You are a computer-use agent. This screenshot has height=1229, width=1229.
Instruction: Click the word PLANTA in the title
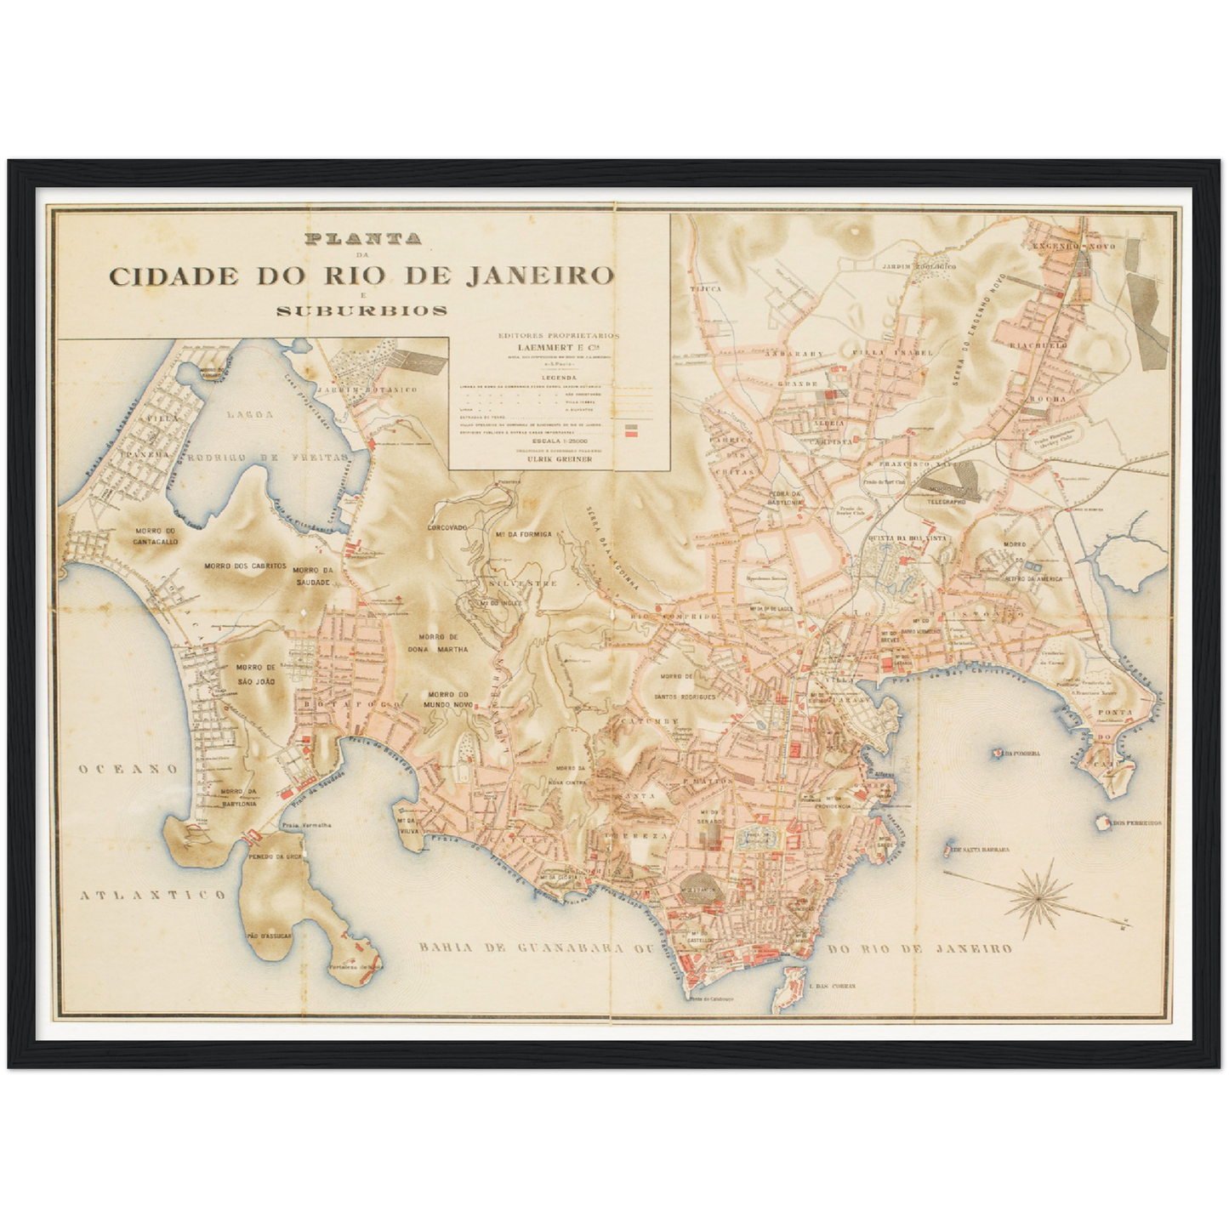pos(361,240)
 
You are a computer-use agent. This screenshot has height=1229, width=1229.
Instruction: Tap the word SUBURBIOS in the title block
pos(361,310)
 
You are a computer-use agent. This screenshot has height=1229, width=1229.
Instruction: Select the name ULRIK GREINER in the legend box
pos(559,458)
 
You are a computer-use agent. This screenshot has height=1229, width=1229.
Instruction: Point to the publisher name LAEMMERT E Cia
pos(559,347)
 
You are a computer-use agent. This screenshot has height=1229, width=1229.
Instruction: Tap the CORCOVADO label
pos(447,527)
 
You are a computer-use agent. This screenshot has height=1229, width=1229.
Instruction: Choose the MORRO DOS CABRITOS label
pos(245,566)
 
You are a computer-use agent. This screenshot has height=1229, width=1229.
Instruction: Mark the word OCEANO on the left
pos(128,769)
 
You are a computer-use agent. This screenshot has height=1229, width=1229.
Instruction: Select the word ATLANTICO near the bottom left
pos(153,895)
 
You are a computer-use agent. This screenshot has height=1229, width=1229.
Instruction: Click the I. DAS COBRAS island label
pos(834,986)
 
